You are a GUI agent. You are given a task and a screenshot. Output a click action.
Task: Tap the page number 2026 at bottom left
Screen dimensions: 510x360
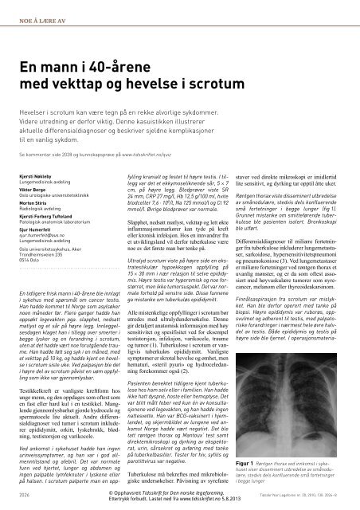point(23,495)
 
